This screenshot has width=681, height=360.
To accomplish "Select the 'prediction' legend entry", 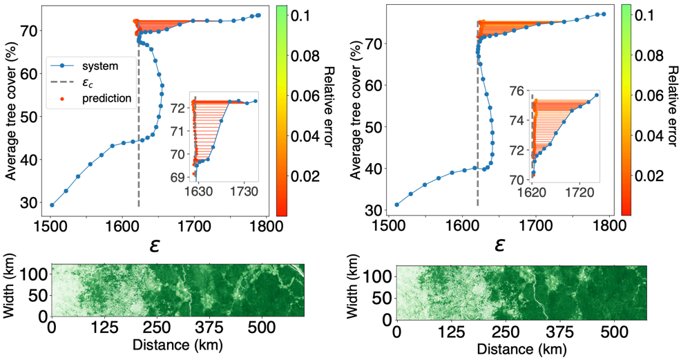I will (x=106, y=98).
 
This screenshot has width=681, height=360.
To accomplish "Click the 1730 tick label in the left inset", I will (x=244, y=191).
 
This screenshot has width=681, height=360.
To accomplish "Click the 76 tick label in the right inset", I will (x=517, y=91).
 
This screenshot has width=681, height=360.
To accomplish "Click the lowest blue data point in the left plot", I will (x=52, y=205).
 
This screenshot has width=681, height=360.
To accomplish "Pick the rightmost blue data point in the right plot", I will (x=604, y=15).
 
